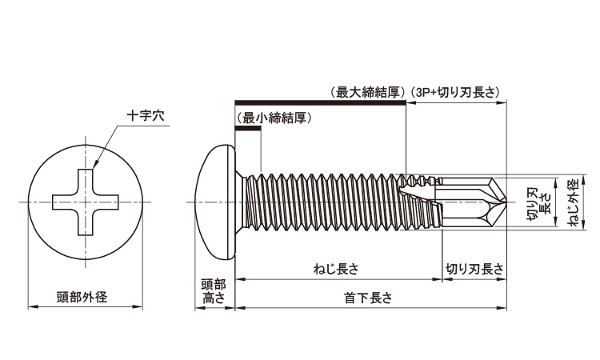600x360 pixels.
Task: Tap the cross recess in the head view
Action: (x=80, y=202)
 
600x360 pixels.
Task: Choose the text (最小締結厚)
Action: (x=274, y=118)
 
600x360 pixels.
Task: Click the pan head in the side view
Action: (x=218, y=201)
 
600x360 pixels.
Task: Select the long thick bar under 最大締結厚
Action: (x=320, y=102)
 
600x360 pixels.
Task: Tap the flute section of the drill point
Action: (x=464, y=201)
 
